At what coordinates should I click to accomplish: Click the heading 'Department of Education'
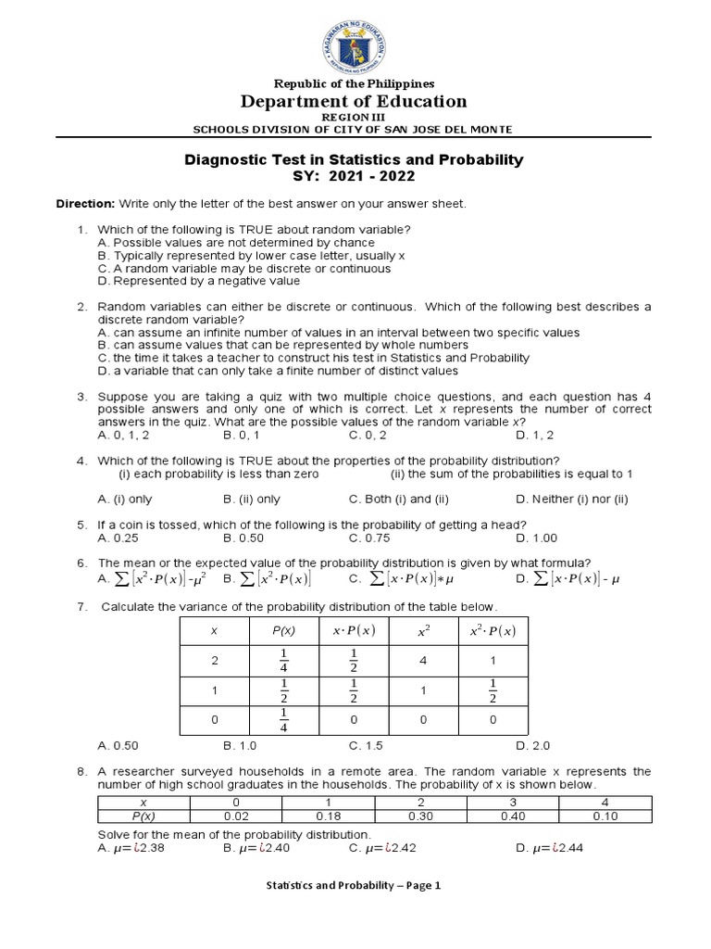[355, 102]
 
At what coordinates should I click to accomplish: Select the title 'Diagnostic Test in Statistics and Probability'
[355, 160]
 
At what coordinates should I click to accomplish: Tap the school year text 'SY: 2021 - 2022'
[355, 176]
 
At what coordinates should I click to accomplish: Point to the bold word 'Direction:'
[85, 203]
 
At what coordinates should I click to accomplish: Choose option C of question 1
[243, 268]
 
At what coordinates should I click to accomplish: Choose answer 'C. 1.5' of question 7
[366, 744]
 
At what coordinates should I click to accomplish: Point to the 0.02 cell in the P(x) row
[235, 815]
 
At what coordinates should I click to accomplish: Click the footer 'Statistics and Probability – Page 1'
[355, 885]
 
